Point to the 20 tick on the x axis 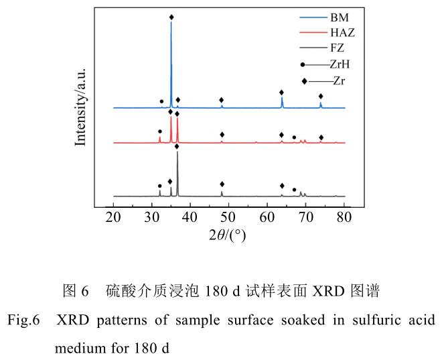[x=114, y=217]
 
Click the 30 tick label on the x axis [x=152, y=217]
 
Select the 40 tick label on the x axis [x=191, y=217]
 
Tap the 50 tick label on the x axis [x=229, y=217]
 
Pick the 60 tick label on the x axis [x=268, y=217]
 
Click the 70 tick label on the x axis [x=306, y=217]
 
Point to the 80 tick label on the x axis [x=344, y=217]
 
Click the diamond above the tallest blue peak [x=171, y=17]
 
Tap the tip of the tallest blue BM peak [x=171, y=23]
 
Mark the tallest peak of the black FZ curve [x=177, y=153]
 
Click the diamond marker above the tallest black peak [x=177, y=146]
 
